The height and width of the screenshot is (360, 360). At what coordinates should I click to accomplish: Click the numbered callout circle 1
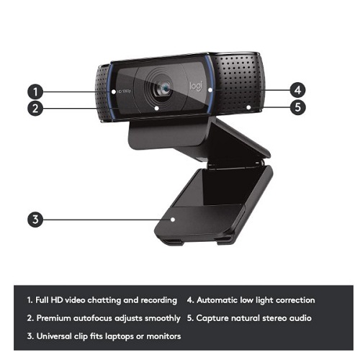[x=35, y=91]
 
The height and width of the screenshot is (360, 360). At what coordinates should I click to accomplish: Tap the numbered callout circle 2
[x=35, y=108]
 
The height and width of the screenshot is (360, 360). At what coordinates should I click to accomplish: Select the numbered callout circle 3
[x=35, y=220]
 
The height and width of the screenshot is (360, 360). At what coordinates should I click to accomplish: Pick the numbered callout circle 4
[x=297, y=90]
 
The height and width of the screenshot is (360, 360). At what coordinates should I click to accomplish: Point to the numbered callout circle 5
[x=297, y=107]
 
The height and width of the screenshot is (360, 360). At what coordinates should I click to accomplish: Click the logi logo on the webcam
[x=197, y=86]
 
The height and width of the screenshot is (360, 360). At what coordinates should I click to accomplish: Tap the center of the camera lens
[x=165, y=89]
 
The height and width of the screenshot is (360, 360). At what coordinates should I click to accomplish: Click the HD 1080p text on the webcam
[x=124, y=91]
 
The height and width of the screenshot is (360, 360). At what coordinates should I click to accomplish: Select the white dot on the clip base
[x=173, y=220]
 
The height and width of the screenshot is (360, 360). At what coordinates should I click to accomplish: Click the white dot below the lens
[x=156, y=108]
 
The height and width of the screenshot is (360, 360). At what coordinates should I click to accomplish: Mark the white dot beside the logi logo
[x=210, y=90]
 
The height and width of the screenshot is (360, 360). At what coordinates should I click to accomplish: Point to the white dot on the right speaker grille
[x=248, y=107]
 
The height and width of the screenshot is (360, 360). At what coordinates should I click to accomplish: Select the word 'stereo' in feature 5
[x=274, y=318]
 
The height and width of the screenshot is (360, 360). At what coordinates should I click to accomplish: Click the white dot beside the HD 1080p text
[x=114, y=91]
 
